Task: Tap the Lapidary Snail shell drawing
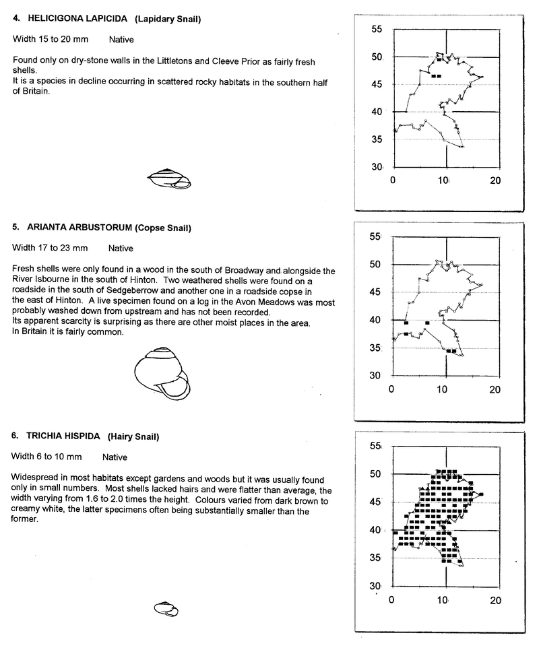tap(169, 178)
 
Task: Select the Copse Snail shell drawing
tap(162, 374)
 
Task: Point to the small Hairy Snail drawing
tap(166, 609)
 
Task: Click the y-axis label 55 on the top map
tap(377, 30)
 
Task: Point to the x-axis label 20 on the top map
tap(495, 180)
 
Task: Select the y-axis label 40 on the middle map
tap(377, 320)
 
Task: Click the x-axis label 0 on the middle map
tap(392, 389)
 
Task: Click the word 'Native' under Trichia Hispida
tap(115, 457)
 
